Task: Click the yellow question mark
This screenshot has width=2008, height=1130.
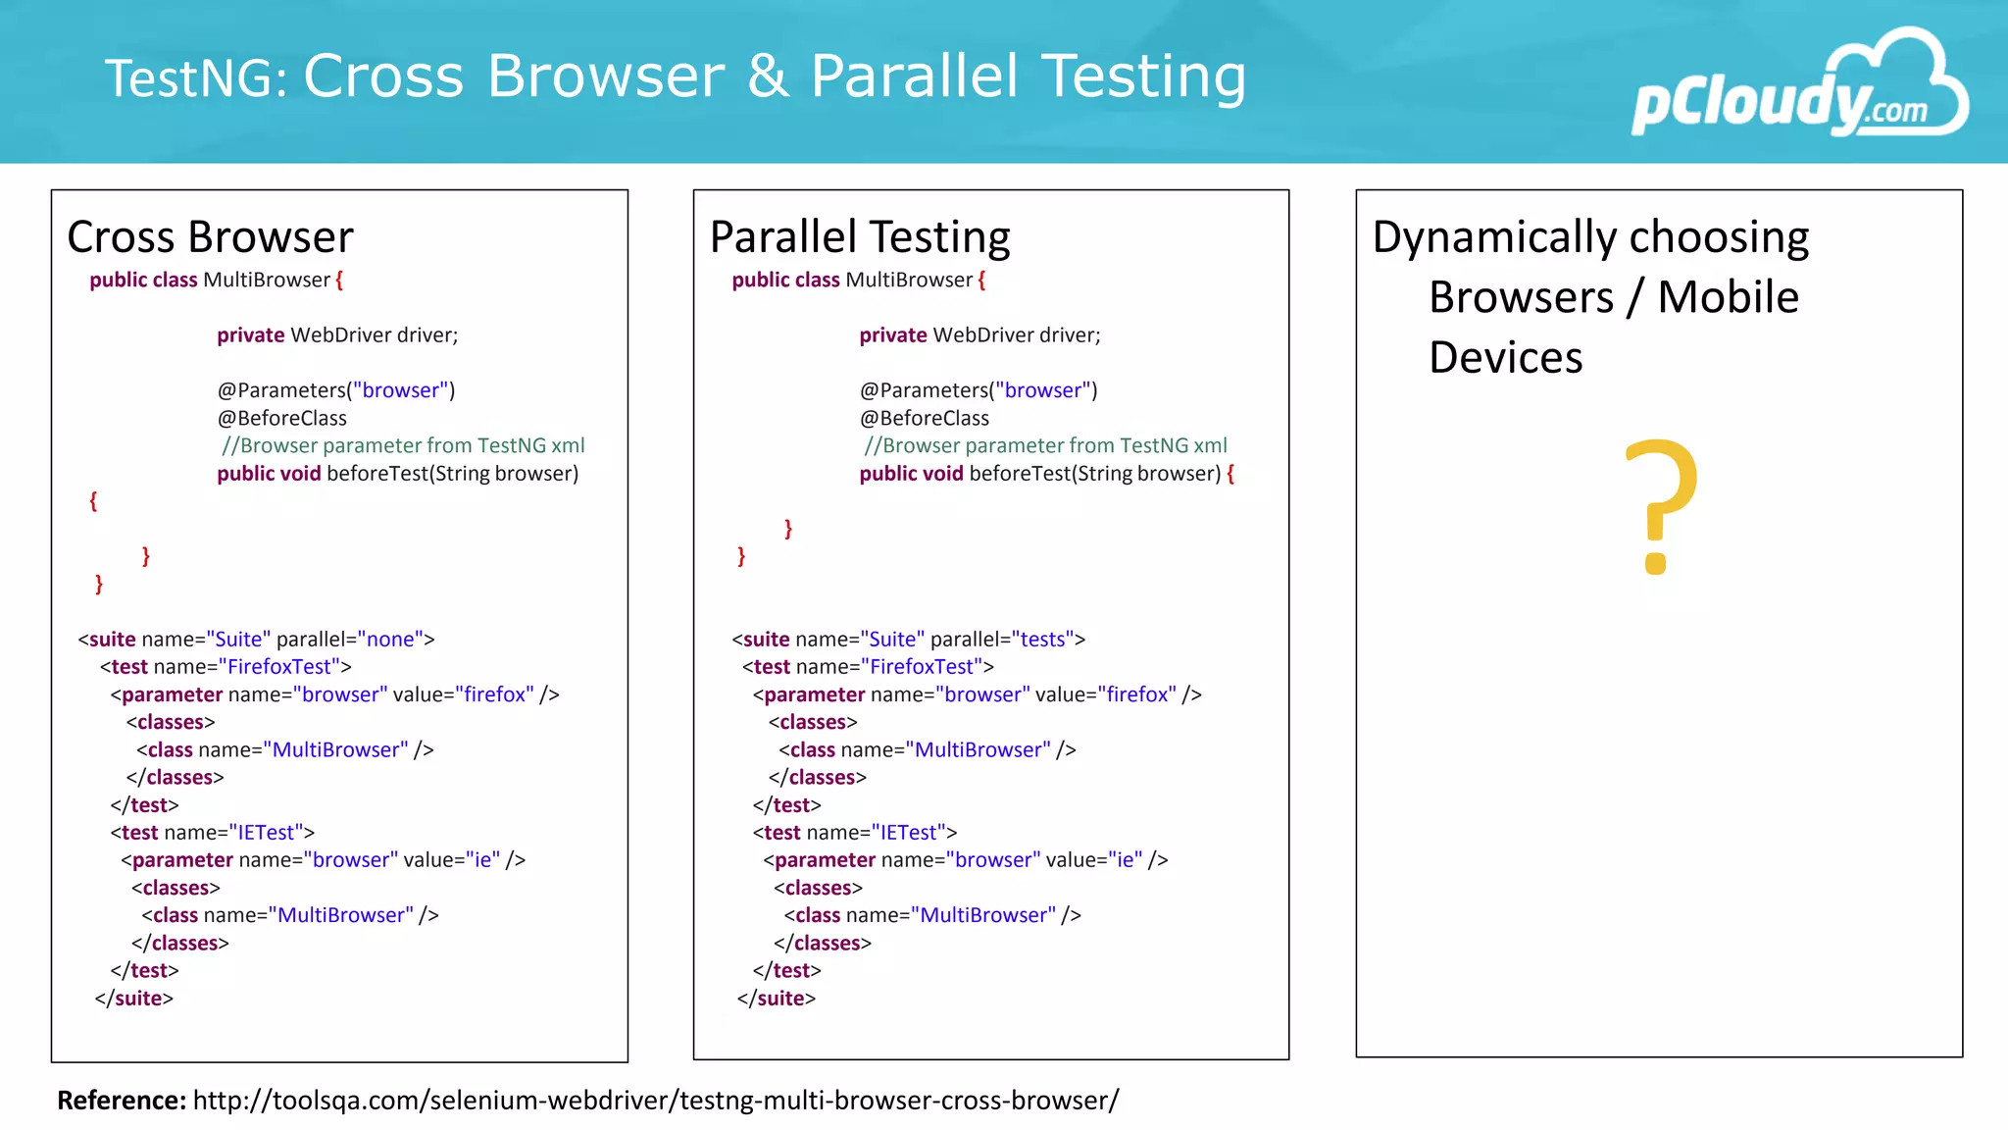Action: [x=1660, y=505]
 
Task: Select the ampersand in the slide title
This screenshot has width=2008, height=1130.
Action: [x=768, y=76]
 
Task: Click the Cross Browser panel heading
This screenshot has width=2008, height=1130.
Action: [x=210, y=237]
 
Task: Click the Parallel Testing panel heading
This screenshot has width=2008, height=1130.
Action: [x=859, y=237]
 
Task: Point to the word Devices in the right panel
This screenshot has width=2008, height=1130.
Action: [x=1505, y=357]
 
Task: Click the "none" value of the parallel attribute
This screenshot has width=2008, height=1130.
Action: [x=390, y=640]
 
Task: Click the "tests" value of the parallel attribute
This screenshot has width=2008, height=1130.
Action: [x=1042, y=640]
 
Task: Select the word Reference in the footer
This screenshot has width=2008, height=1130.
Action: [x=121, y=1101]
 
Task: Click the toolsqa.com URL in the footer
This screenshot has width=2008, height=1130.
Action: [x=655, y=1101]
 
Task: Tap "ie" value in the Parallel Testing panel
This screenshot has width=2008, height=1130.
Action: [x=1129, y=860]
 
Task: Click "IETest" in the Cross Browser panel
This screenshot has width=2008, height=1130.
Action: [x=266, y=833]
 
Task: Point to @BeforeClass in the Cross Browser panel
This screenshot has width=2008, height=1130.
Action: [x=281, y=418]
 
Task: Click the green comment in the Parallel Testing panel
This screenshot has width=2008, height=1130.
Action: [x=1045, y=445]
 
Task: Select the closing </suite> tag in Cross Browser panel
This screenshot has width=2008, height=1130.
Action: [x=134, y=999]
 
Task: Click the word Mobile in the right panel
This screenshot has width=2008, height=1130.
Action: [x=1728, y=297]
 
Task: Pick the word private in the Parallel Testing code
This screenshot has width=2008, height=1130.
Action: [x=892, y=335]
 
